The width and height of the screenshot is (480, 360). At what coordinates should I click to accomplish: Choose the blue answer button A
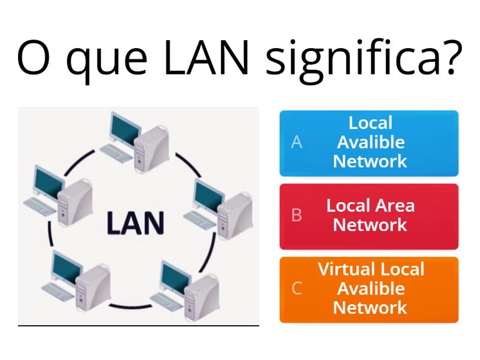click(369, 143)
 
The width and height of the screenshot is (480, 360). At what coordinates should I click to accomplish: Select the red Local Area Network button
click(369, 216)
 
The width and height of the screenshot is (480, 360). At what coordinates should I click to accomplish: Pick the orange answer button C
click(369, 289)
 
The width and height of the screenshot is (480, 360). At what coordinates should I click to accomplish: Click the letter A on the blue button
click(296, 143)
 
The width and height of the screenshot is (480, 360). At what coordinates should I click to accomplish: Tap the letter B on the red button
click(296, 216)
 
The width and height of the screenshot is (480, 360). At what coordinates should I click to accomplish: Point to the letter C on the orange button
click(296, 289)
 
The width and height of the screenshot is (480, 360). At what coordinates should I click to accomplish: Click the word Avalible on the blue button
click(370, 142)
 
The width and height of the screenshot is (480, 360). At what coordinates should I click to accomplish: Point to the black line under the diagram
click(138, 326)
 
